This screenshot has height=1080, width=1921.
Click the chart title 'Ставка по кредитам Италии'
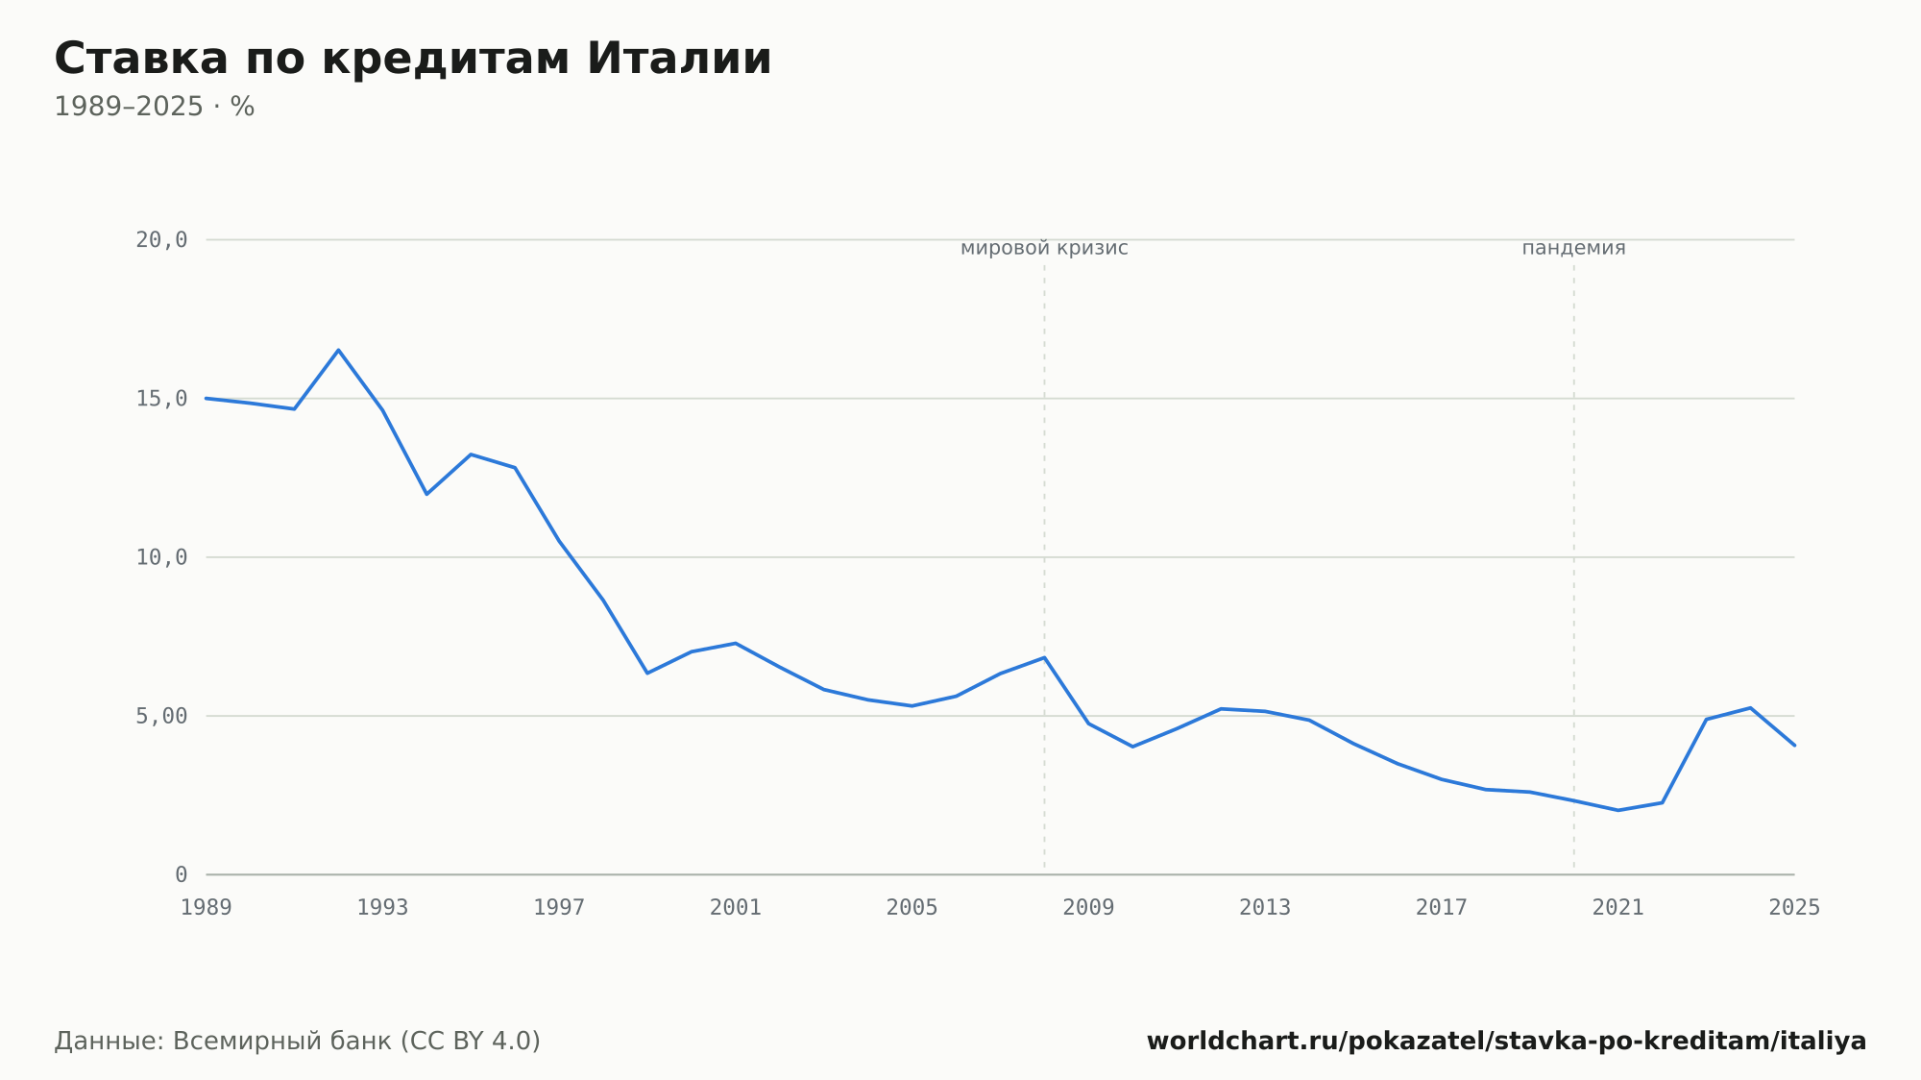413,59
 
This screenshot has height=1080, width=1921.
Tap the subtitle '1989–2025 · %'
155,107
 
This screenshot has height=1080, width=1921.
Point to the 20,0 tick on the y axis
161,240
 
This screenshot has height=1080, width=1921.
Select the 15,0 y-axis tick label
161,399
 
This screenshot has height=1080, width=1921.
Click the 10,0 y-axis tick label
161,557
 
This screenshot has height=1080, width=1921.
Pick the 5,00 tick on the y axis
161,716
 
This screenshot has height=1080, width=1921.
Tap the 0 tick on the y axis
182,874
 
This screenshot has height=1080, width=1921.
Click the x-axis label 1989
207,908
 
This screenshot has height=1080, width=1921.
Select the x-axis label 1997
559,908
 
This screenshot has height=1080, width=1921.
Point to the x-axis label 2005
912,908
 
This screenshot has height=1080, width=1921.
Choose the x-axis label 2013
1265,908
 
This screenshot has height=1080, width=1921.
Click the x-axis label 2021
1618,908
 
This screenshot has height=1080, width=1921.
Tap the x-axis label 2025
1794,908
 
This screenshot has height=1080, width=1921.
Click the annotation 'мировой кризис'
1044,248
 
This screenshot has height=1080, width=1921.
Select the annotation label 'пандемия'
1573,248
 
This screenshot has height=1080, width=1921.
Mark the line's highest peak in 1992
338,350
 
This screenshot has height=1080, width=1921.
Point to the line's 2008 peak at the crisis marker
1044,657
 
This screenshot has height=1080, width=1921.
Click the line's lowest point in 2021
1618,810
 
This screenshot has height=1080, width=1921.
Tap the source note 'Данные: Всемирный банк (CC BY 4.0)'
298,1042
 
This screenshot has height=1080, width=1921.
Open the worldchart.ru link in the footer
1506,1042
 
